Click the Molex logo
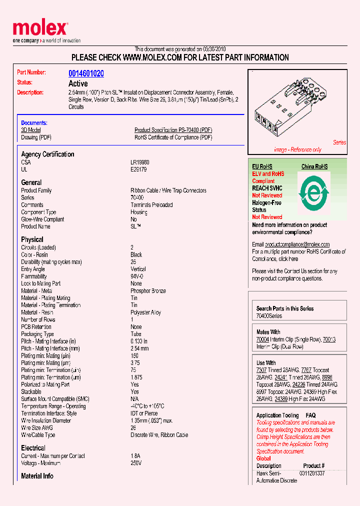coord(40,29)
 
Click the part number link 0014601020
coord(86,73)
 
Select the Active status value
coord(78,83)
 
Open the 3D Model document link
coord(30,130)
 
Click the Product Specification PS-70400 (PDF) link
coord(173,130)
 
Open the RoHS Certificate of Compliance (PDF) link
coord(173,137)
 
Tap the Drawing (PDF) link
coord(36,137)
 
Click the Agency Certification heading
coord(47,154)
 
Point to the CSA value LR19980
coord(140,162)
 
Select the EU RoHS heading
coord(262,166)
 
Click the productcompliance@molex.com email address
coord(297,244)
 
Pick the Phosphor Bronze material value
coord(148,291)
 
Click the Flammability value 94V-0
coord(137,276)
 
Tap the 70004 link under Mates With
coord(262,339)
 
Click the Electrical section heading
coord(33,448)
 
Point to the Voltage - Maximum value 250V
coord(136,463)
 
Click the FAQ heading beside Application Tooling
coord(310,415)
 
